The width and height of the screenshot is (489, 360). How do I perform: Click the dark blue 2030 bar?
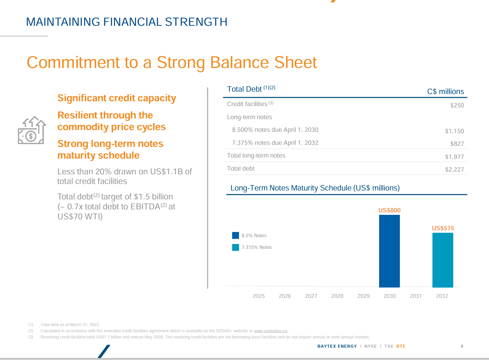389,251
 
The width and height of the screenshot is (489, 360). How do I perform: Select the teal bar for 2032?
443,260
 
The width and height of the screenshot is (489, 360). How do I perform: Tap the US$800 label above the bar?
389,210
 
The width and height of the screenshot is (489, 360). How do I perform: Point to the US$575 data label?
443,228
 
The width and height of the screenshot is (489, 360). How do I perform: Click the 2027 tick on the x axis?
311,296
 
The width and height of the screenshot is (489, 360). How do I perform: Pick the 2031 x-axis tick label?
416,296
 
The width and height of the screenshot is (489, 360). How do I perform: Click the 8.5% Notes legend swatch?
236,235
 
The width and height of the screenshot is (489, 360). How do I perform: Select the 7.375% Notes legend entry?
257,247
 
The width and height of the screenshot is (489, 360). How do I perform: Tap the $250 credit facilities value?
457,105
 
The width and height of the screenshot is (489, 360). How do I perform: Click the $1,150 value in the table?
454,131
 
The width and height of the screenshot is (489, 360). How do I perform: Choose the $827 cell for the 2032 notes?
457,144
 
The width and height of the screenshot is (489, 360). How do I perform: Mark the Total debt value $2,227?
454,170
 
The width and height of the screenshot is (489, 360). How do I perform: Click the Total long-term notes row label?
256,155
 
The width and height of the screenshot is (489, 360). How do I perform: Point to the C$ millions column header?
445,92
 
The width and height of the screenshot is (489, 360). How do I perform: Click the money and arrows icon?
31,131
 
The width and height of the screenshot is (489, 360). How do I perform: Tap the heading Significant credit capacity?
117,98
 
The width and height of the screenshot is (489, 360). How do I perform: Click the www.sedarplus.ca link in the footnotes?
270,331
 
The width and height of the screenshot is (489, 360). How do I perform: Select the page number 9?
462,346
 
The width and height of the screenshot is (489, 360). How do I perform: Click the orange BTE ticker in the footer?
401,346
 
